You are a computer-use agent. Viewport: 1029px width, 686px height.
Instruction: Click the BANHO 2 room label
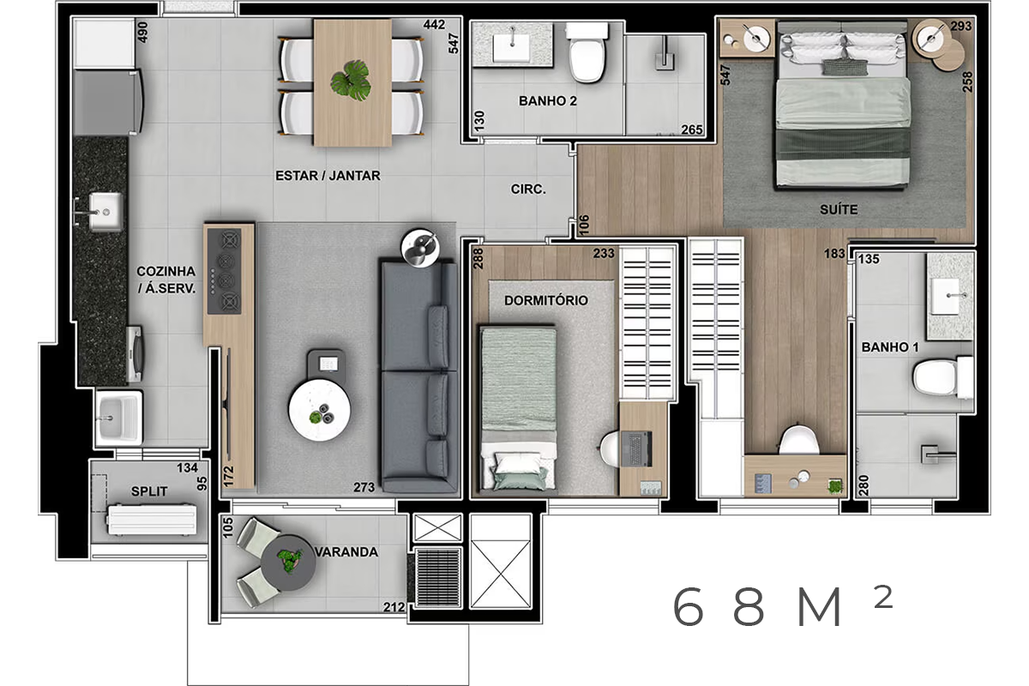(x=548, y=101)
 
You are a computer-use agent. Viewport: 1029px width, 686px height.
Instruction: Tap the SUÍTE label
(x=839, y=210)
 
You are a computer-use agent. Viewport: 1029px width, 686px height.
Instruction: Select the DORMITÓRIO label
(x=546, y=300)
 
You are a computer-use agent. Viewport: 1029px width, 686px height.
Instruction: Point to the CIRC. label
(x=528, y=189)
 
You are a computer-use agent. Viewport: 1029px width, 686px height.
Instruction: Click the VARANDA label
(x=346, y=552)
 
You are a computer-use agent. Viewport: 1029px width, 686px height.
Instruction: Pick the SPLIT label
(x=149, y=491)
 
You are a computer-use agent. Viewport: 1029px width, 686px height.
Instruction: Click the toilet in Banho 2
(x=587, y=52)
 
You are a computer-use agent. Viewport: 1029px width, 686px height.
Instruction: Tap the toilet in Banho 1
(x=942, y=377)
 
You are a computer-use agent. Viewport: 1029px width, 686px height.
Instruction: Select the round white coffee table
(x=320, y=410)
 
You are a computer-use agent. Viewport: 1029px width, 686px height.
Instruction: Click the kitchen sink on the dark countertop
(x=105, y=212)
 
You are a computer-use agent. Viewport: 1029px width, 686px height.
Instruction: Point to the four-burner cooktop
(x=224, y=272)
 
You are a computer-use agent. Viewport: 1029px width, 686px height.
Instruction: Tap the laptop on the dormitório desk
(x=636, y=448)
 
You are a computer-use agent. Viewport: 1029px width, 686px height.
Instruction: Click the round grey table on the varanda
(x=288, y=563)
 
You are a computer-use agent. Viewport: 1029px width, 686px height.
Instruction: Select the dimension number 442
(x=434, y=24)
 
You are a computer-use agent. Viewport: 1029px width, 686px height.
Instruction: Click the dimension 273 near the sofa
(x=364, y=487)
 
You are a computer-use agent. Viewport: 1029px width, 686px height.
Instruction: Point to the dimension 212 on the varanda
(x=394, y=607)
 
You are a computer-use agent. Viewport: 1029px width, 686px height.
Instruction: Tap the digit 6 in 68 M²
(x=688, y=606)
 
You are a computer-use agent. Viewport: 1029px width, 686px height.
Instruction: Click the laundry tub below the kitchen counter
(x=119, y=418)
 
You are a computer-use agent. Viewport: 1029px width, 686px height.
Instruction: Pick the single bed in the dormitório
(x=519, y=409)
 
